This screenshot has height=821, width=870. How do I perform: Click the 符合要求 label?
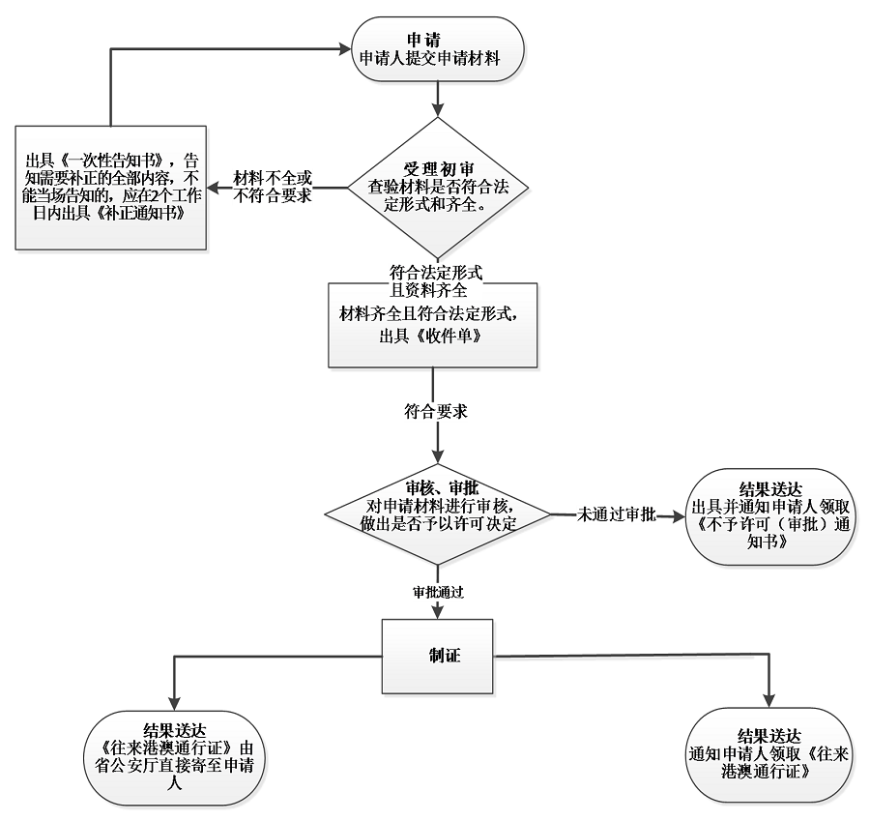[436, 411]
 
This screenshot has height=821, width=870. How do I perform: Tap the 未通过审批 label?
[617, 513]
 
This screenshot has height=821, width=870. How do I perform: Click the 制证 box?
[440, 655]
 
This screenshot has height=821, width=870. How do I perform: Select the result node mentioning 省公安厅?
[174, 755]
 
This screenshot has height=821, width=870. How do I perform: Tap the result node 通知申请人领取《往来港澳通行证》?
[768, 755]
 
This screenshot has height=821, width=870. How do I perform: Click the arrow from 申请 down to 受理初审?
[441, 96]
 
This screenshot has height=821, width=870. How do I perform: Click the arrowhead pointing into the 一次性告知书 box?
[215, 188]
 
